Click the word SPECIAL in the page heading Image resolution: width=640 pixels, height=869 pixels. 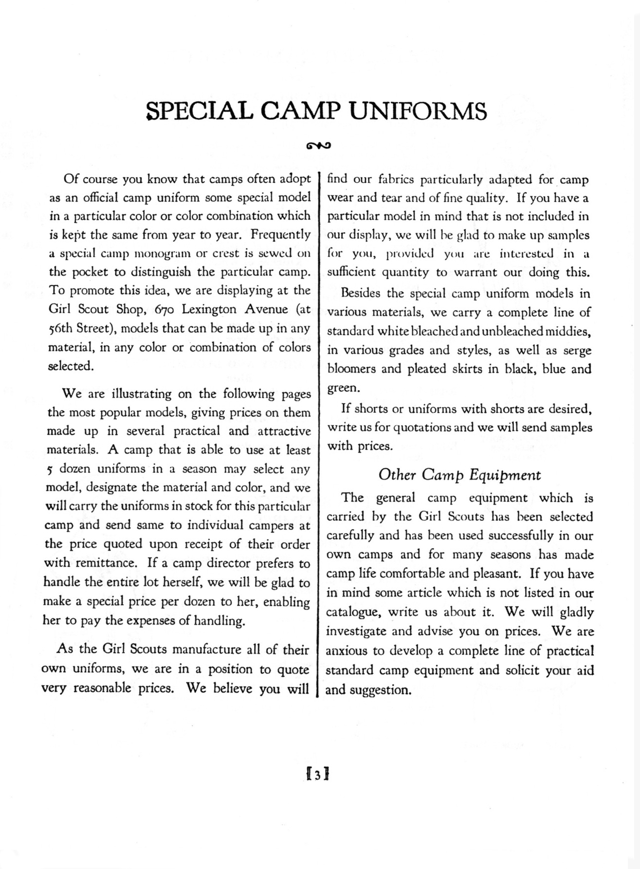click(200, 111)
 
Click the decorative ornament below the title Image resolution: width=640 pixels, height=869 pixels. click(319, 145)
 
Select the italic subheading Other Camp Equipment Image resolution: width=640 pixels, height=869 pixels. click(459, 475)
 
